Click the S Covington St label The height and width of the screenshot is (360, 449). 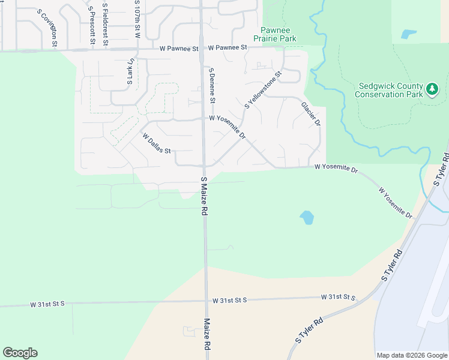pyautogui.click(x=47, y=28)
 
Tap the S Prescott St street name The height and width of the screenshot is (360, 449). pyautogui.click(x=92, y=28)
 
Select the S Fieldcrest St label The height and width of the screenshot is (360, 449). pyautogui.click(x=105, y=24)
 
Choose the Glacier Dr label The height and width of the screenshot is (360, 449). pyautogui.click(x=310, y=113)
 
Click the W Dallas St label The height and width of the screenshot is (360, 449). pyautogui.click(x=157, y=143)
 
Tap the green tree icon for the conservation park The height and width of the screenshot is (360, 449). pyautogui.click(x=432, y=90)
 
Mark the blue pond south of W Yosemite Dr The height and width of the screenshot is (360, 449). pyautogui.click(x=306, y=217)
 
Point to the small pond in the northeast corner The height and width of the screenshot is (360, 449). pyautogui.click(x=409, y=34)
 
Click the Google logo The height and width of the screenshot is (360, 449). pyautogui.click(x=20, y=353)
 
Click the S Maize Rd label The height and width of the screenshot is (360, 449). pyautogui.click(x=204, y=196)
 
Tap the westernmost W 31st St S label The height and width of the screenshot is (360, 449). pyautogui.click(x=47, y=304)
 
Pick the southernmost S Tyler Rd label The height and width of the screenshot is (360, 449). pyautogui.click(x=309, y=330)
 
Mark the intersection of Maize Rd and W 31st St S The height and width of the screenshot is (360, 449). pyautogui.click(x=206, y=300)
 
